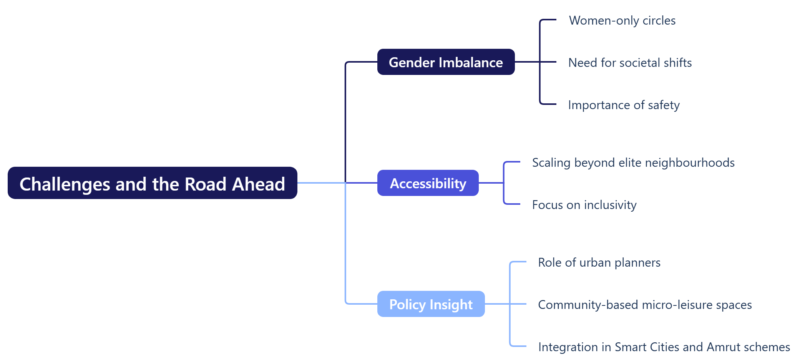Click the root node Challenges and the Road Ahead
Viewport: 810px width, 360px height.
click(x=152, y=183)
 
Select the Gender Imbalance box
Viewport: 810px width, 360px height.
click(x=446, y=62)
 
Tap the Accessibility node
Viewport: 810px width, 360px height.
click(x=428, y=183)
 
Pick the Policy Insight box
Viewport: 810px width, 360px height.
click(x=431, y=304)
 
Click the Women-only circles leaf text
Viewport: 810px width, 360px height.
click(x=622, y=20)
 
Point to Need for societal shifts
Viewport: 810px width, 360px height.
click(x=630, y=63)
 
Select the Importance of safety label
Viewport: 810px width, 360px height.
click(x=624, y=105)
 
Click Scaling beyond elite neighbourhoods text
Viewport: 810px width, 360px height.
click(x=633, y=163)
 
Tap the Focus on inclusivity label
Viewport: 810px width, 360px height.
click(x=584, y=205)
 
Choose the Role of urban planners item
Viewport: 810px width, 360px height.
click(x=599, y=262)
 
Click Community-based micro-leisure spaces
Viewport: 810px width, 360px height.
click(x=645, y=305)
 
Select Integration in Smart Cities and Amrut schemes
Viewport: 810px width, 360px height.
click(x=664, y=347)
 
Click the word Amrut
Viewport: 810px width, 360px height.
click(x=724, y=347)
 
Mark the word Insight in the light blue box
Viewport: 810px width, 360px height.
click(x=451, y=304)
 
